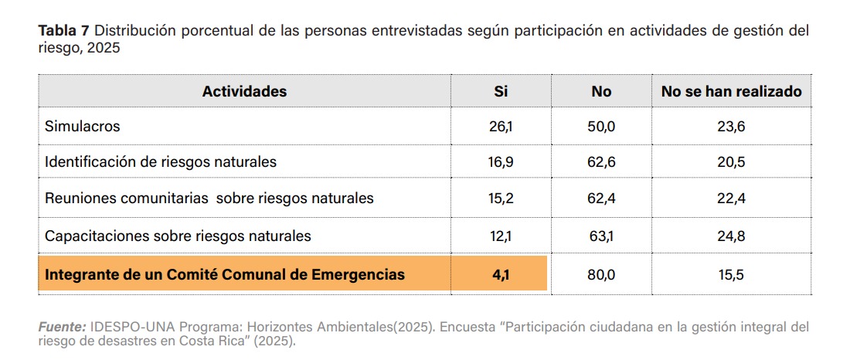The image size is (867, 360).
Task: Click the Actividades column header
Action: tap(244, 91)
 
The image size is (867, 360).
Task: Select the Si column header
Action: tap(501, 91)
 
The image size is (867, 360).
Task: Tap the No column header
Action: tap(601, 91)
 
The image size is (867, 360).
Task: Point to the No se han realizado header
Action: tap(731, 91)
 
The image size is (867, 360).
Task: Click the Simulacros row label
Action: tap(83, 126)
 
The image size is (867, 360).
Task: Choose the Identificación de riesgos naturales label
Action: tap(161, 162)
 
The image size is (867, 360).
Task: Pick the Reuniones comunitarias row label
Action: tap(209, 198)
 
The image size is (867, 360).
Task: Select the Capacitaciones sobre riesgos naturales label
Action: tap(178, 236)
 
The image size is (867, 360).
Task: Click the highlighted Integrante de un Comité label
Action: tap(225, 274)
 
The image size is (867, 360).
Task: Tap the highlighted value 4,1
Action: tap(501, 274)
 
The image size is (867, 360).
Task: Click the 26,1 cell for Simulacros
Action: tap(501, 126)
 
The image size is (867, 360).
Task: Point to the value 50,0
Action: tap(601, 126)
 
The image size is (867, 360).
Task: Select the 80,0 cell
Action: tap(601, 274)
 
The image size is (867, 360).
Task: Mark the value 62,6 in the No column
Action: tap(601, 162)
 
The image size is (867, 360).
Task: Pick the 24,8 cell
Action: tap(731, 236)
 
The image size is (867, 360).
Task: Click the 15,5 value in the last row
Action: tap(731, 274)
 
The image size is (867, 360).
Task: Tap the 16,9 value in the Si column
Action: tap(501, 162)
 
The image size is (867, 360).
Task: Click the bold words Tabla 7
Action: tap(64, 31)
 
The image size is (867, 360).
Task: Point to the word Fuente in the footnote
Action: tap(62, 327)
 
